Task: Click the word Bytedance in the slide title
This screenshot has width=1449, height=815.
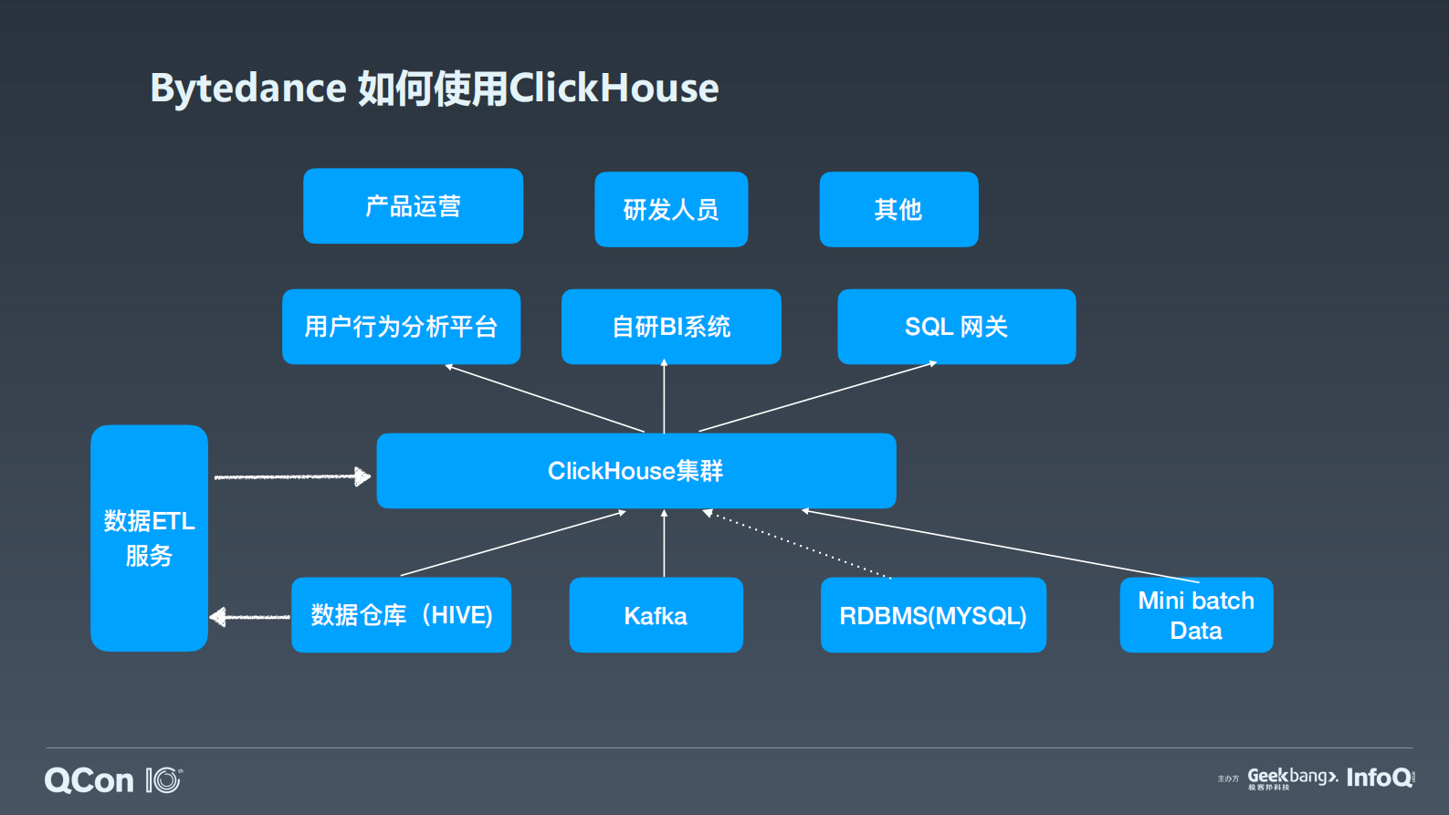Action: [247, 89]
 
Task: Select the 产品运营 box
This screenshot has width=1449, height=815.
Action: [413, 206]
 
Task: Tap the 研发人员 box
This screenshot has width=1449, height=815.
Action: [671, 210]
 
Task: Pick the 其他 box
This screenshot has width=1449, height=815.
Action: [898, 210]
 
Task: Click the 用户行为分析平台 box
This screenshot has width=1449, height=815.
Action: [401, 327]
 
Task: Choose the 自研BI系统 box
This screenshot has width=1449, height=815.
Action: [671, 327]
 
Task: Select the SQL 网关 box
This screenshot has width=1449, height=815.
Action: [956, 327]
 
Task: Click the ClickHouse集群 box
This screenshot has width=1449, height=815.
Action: [635, 471]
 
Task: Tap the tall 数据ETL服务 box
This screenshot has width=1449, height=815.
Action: [149, 538]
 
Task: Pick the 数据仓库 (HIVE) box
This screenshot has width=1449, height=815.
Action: [401, 615]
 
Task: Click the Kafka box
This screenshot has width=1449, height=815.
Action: [656, 615]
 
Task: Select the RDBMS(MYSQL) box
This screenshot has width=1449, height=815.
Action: [933, 615]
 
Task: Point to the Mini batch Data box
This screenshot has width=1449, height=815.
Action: [1196, 615]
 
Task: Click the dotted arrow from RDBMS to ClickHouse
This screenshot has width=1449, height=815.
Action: [797, 545]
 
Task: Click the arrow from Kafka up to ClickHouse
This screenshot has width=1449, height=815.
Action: [664, 543]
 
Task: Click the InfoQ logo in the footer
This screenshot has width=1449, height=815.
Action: [1379, 778]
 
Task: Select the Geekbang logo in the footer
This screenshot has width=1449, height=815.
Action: [1291, 777]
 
